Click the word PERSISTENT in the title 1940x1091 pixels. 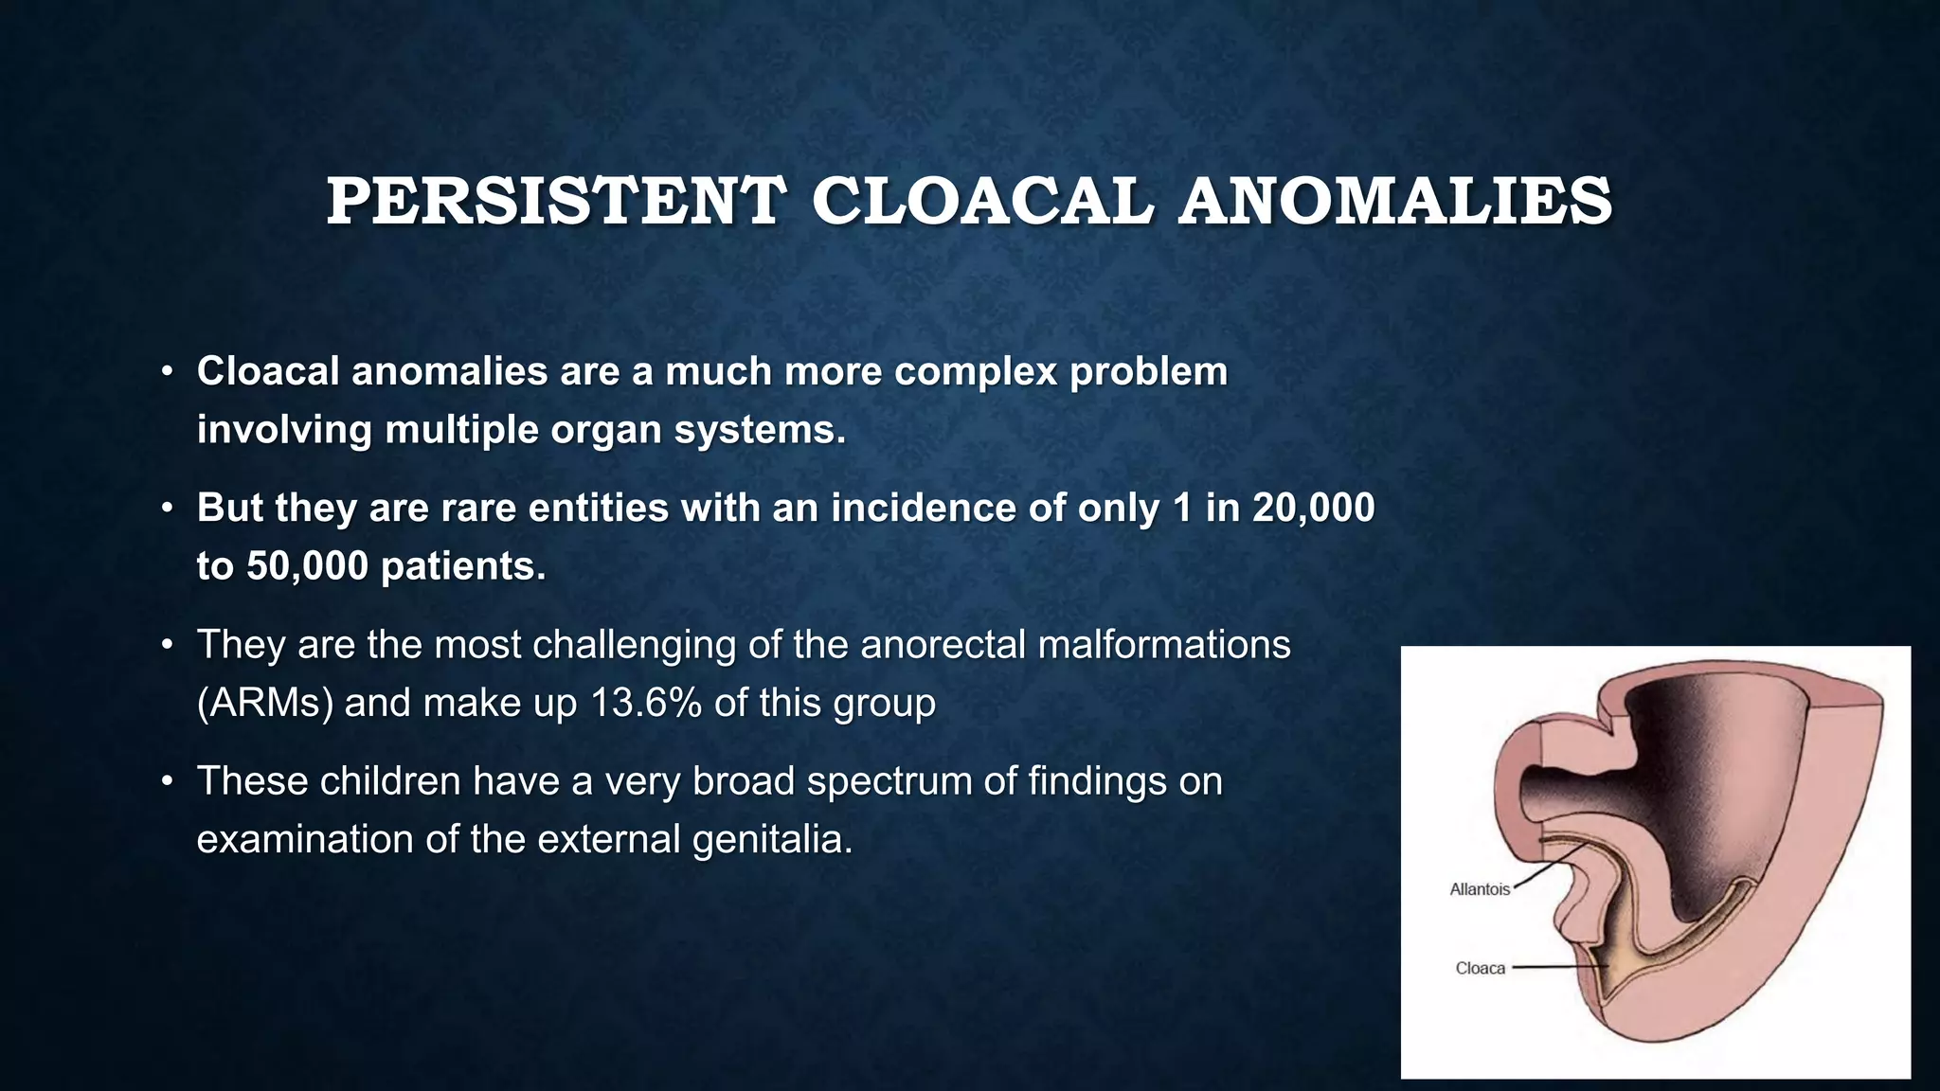pyautogui.click(x=556, y=202)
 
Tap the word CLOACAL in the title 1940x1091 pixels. pyautogui.click(x=982, y=202)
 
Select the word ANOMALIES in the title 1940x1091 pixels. pyautogui.click(x=1394, y=202)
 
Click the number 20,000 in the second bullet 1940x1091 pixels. pyautogui.click(x=1313, y=509)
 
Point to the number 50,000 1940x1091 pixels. pyautogui.click(x=307, y=566)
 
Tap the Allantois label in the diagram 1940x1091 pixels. pyautogui.click(x=1479, y=890)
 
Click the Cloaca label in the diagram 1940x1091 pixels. pyautogui.click(x=1480, y=969)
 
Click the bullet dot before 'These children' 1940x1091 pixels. pyautogui.click(x=167, y=782)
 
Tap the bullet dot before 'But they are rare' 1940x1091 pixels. pyautogui.click(x=167, y=509)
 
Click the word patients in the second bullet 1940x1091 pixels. pyautogui.click(x=462, y=566)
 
